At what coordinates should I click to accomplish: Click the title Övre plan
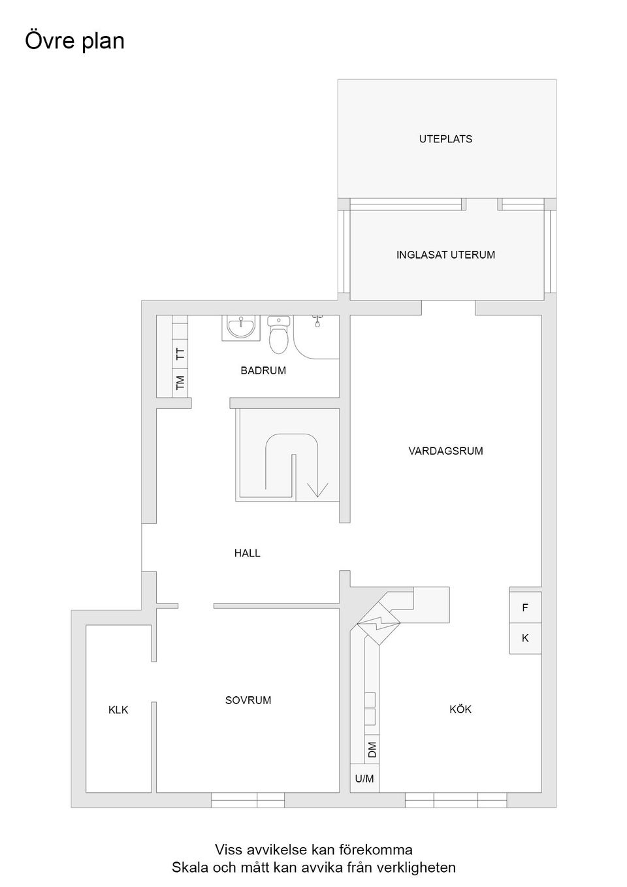[x=74, y=40]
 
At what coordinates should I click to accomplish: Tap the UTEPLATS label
[x=445, y=139]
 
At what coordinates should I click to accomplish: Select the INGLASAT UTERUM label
[x=445, y=255]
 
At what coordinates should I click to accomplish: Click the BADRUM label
[x=263, y=370]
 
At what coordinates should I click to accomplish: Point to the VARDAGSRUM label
[x=445, y=451]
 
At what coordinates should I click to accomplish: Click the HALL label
[x=248, y=553]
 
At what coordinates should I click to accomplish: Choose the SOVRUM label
[x=248, y=700]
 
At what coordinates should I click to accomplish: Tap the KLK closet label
[x=118, y=710]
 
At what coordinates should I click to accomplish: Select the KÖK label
[x=460, y=709]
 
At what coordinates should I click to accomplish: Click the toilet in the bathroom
[x=279, y=336]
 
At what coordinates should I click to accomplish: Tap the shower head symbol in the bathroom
[x=317, y=321]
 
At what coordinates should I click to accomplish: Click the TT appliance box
[x=180, y=353]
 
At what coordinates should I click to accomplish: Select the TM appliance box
[x=180, y=382]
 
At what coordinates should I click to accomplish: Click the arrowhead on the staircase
[x=317, y=489]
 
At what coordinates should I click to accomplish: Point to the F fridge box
[x=525, y=607]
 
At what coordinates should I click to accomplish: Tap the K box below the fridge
[x=525, y=638]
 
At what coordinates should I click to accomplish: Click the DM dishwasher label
[x=372, y=749]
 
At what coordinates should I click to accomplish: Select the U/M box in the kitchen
[x=364, y=779]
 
